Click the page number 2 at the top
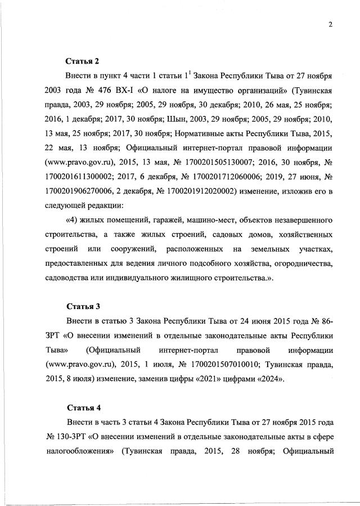click(x=331, y=24)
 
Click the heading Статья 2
click(x=83, y=61)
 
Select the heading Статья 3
click(x=83, y=307)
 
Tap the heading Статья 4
click(x=83, y=406)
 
